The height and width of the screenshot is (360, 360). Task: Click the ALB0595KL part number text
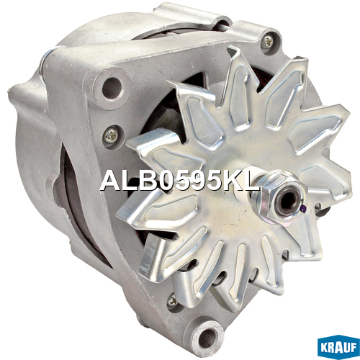click(179, 181)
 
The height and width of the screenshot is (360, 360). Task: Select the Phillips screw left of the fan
click(112, 135)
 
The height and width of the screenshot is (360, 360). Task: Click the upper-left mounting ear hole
click(111, 87)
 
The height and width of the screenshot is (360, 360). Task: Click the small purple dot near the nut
click(304, 209)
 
